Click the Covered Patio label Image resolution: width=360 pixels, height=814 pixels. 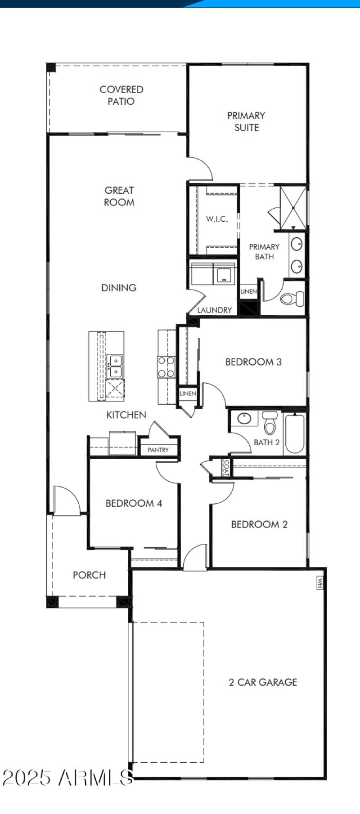tap(121, 95)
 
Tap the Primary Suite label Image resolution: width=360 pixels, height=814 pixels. tap(246, 121)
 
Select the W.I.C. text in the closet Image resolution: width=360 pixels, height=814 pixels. tap(217, 219)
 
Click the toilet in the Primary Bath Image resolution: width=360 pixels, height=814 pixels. tap(292, 298)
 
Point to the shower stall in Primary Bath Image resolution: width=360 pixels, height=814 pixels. tap(293, 207)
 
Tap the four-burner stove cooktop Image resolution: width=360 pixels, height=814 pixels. tap(166, 367)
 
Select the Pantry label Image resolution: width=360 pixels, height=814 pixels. tap(158, 450)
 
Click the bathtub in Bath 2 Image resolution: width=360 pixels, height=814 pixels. tap(295, 433)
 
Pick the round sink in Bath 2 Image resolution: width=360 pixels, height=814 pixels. tap(244, 419)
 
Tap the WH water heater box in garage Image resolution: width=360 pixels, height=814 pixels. tap(320, 583)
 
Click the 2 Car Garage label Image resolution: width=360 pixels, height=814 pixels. tap(263, 682)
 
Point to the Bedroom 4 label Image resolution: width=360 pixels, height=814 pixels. tap(134, 503)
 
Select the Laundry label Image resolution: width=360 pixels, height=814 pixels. tap(214, 310)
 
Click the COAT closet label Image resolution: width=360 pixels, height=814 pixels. tap(226, 468)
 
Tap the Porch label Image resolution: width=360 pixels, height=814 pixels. tap(89, 575)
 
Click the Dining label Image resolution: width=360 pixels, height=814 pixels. tap(119, 287)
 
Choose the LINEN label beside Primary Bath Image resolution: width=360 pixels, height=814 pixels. tap(248, 291)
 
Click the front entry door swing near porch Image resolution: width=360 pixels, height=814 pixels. tap(66, 499)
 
